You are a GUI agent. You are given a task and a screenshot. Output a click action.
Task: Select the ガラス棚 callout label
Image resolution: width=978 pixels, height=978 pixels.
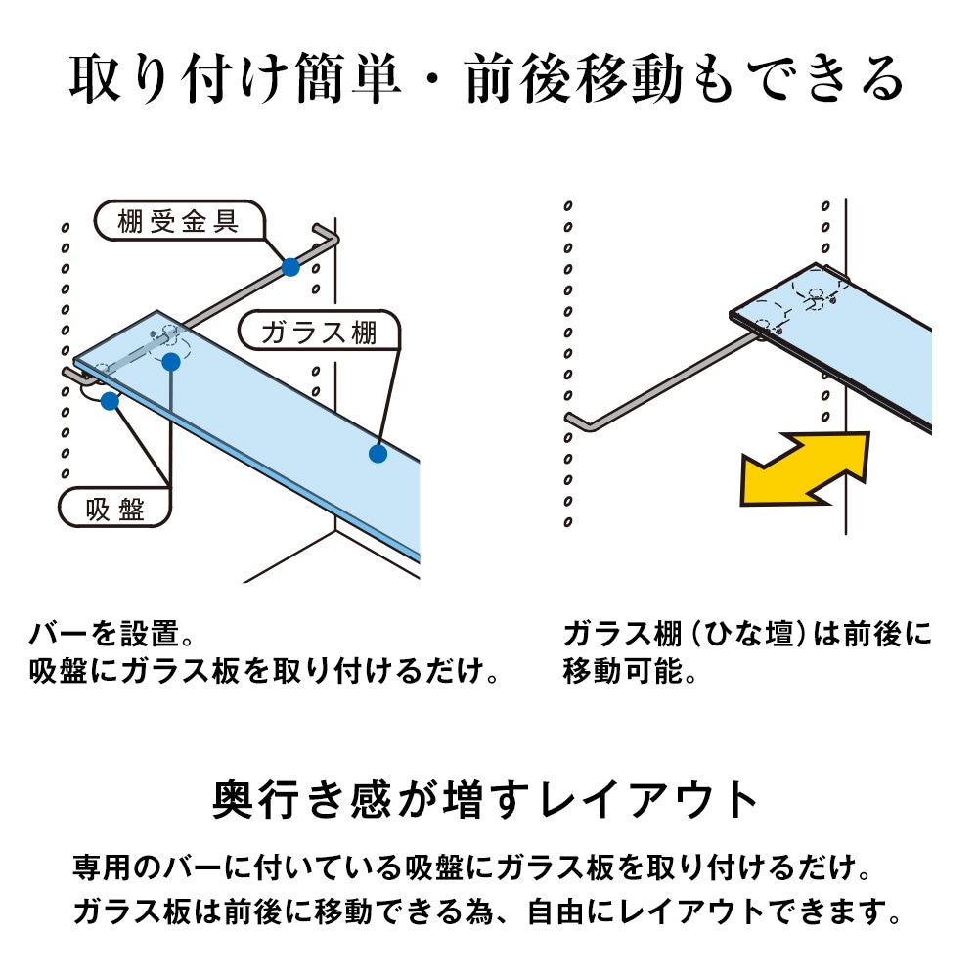point(319,333)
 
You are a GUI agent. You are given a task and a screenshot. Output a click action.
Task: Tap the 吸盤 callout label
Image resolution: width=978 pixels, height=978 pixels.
point(115,510)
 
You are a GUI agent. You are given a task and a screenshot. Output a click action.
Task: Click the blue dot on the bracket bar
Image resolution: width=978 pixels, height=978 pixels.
point(289,267)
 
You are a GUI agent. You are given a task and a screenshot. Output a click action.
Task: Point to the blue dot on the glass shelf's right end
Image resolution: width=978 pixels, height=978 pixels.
point(378,453)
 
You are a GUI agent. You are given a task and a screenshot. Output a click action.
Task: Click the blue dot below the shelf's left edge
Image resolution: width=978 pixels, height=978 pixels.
point(110,400)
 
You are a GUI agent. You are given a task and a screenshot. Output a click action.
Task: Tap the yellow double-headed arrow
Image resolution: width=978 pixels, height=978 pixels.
point(805,469)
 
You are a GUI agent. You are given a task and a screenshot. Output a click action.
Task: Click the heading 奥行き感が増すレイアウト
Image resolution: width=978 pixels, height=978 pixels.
point(486,800)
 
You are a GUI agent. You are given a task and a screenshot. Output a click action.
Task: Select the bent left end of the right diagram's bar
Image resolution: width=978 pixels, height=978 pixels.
point(577,420)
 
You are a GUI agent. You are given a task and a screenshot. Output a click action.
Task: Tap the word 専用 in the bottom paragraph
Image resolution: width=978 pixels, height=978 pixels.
point(97,867)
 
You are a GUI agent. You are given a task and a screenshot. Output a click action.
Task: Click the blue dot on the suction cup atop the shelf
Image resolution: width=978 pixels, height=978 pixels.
point(171,363)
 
